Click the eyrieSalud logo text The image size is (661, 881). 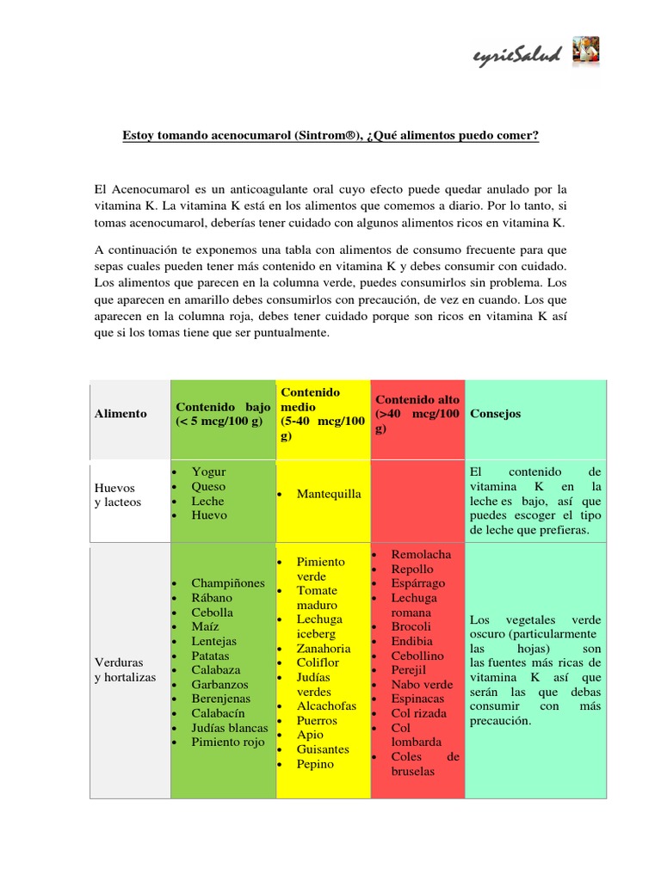coord(516,56)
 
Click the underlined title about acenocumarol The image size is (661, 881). coord(330,136)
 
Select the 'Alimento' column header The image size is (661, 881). coord(121,414)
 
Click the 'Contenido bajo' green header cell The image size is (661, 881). coord(223,414)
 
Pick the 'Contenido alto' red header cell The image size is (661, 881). coord(417,414)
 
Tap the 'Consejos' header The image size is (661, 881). coord(496,414)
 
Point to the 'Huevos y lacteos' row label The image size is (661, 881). coord(118,495)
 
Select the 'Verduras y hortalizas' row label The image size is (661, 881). coord(125,670)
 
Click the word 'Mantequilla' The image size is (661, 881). coord(329,495)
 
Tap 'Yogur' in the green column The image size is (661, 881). coord(208,472)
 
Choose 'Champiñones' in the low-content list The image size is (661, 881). coord(228,583)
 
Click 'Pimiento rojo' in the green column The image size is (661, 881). coord(228,742)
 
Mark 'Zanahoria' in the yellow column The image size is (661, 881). coord(324,649)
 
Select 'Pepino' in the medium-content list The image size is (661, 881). coord(315,764)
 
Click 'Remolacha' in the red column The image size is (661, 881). coord(420,555)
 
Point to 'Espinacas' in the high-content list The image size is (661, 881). coord(418,699)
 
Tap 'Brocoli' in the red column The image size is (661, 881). coord(411,627)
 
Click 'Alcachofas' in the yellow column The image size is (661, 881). coord(326,706)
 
